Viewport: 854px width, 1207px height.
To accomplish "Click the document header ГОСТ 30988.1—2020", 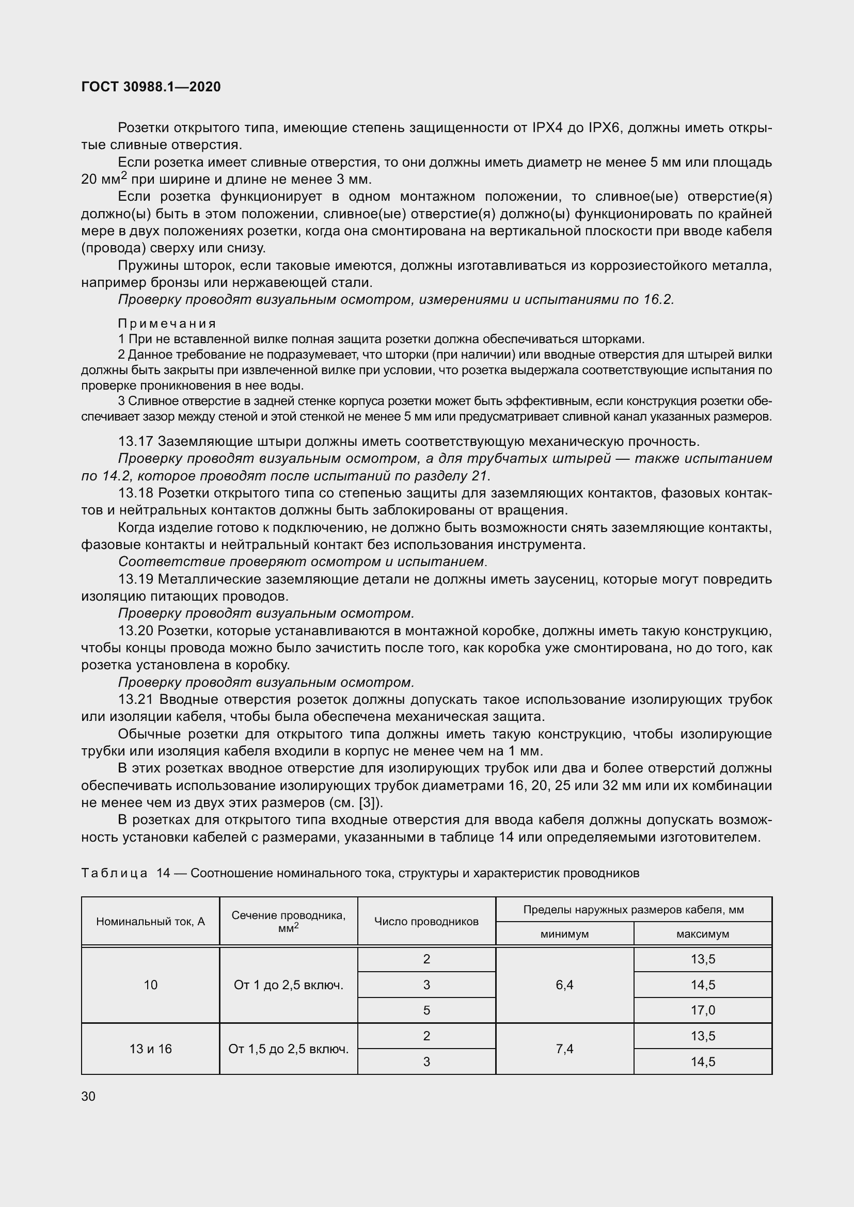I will click(x=151, y=87).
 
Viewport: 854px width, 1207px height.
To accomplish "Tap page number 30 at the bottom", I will click(x=88, y=1096).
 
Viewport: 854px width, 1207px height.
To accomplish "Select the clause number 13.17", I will click(x=135, y=441).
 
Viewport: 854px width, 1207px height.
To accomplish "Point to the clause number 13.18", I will click(x=135, y=493).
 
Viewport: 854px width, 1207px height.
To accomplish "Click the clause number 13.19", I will click(x=135, y=580).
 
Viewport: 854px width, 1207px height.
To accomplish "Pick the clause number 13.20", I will click(x=135, y=631).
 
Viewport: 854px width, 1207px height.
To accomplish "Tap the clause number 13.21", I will click(x=135, y=700).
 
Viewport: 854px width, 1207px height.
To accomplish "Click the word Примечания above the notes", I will click(x=167, y=324).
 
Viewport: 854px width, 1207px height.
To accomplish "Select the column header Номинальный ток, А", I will click(x=150, y=922).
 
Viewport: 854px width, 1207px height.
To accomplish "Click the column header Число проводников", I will click(x=426, y=922).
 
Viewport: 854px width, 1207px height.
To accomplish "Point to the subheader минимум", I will click(x=564, y=934).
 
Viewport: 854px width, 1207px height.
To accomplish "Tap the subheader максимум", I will click(x=703, y=934).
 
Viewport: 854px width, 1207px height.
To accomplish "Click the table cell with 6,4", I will click(x=564, y=985).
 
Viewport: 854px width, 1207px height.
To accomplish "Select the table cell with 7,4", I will click(x=564, y=1049).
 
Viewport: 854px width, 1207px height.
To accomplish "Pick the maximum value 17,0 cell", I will click(x=703, y=1010).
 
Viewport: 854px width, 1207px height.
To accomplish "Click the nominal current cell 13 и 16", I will click(x=150, y=1049).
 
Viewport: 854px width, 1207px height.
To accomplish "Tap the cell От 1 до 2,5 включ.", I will click(x=288, y=985).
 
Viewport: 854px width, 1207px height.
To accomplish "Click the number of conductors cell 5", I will click(x=426, y=1010).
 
